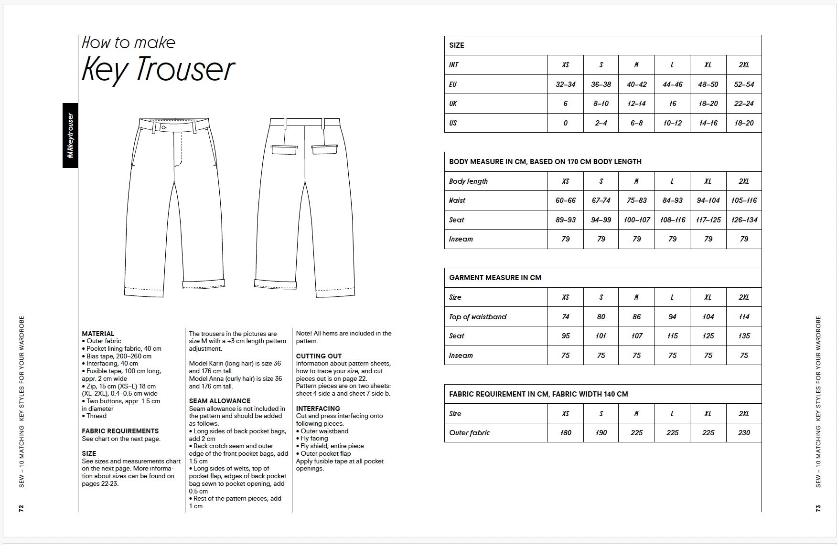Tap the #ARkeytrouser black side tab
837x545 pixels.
[70, 136]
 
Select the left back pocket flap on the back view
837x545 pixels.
[284, 150]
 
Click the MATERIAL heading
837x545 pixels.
[98, 334]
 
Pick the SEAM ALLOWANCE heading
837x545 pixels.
[219, 401]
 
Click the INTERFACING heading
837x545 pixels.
[318, 409]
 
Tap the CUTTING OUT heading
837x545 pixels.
[319, 356]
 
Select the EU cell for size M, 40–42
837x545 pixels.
[636, 84]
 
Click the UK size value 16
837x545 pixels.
[672, 104]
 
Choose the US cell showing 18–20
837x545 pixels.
[744, 123]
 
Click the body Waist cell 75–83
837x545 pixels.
[636, 200]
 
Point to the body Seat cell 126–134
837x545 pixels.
[744, 220]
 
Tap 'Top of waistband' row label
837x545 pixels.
[478, 317]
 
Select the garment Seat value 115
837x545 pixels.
[672, 336]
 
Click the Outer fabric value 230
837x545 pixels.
[744, 433]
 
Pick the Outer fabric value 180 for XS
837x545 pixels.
[566, 433]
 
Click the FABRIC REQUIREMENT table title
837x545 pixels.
[538, 394]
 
